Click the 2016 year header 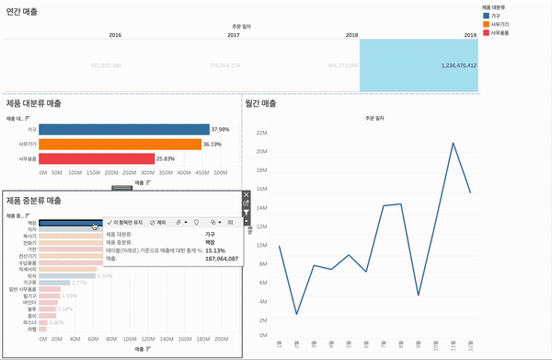coord(115,34)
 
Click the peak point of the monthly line coord(453,143)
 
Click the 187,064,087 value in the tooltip coord(222,259)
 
